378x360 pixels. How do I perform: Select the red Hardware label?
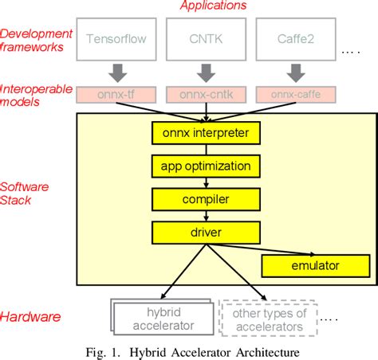[x=31, y=316]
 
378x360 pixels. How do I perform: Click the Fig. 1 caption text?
[x=190, y=350]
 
